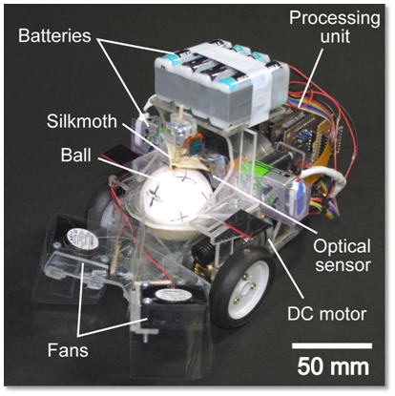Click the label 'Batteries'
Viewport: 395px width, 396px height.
pos(54,36)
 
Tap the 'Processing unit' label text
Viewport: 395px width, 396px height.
pos(334,27)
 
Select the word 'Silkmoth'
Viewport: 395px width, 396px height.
pos(82,121)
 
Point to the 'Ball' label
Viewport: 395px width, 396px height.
pos(75,155)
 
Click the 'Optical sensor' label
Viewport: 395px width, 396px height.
pos(343,256)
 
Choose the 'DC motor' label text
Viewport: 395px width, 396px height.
pos(326,314)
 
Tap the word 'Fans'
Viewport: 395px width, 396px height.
pos(68,350)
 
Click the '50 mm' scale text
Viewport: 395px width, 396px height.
pos(333,367)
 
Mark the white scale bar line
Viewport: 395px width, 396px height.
pos(332,345)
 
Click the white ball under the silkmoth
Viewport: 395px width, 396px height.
pos(175,194)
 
